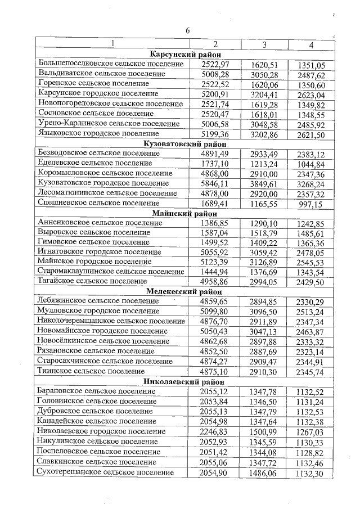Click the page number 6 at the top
188,30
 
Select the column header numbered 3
264,44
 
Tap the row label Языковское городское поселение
97,134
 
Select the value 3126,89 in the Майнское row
264,262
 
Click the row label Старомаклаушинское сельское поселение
110,272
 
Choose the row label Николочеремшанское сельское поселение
111,321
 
